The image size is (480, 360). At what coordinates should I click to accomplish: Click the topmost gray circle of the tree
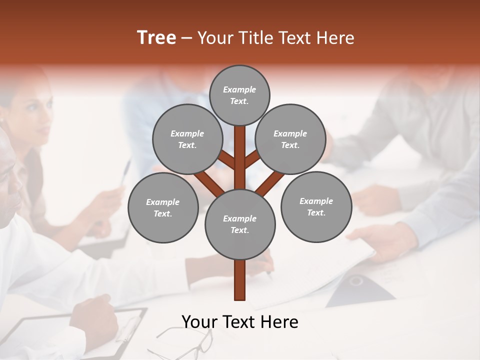(x=239, y=95)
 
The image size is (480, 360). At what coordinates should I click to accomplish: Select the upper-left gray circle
(x=187, y=139)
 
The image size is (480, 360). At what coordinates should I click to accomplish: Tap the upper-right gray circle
(x=290, y=139)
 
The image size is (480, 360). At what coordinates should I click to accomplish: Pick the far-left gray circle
(x=163, y=207)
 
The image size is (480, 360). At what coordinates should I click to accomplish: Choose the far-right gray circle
(x=316, y=206)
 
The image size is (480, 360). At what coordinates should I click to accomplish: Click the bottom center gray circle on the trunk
(x=239, y=224)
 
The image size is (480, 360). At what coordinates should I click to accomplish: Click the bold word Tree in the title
(x=156, y=37)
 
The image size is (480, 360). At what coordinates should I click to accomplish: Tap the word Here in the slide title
(x=337, y=37)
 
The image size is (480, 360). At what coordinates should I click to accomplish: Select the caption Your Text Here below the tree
(x=239, y=321)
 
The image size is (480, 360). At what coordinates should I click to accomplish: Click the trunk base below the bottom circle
(x=239, y=280)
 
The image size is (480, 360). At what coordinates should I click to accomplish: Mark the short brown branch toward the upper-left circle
(x=227, y=160)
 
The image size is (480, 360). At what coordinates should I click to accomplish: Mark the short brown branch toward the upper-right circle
(x=252, y=159)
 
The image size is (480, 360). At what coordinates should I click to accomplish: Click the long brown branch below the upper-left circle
(x=209, y=183)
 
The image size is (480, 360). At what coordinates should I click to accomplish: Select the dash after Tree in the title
(x=187, y=37)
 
